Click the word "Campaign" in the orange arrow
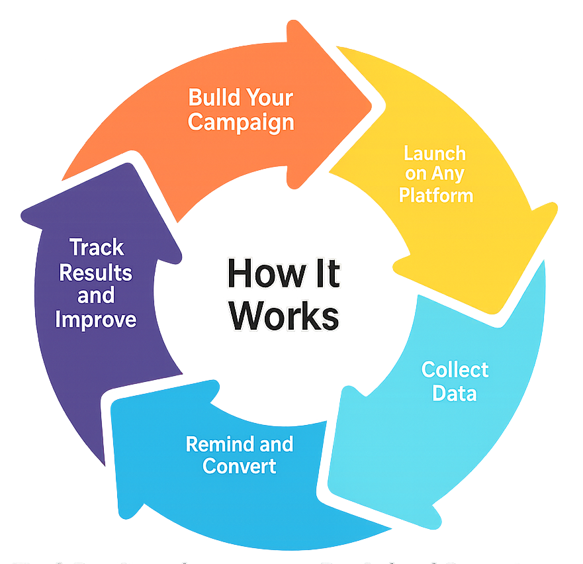click(x=241, y=122)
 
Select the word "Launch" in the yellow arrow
click(x=435, y=154)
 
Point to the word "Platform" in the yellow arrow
click(x=436, y=196)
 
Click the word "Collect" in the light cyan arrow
click(x=455, y=369)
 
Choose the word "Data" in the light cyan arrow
click(x=455, y=393)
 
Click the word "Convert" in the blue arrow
click(x=240, y=465)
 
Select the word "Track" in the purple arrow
click(x=97, y=248)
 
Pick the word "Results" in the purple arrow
click(x=96, y=272)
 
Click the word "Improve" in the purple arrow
click(x=96, y=320)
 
